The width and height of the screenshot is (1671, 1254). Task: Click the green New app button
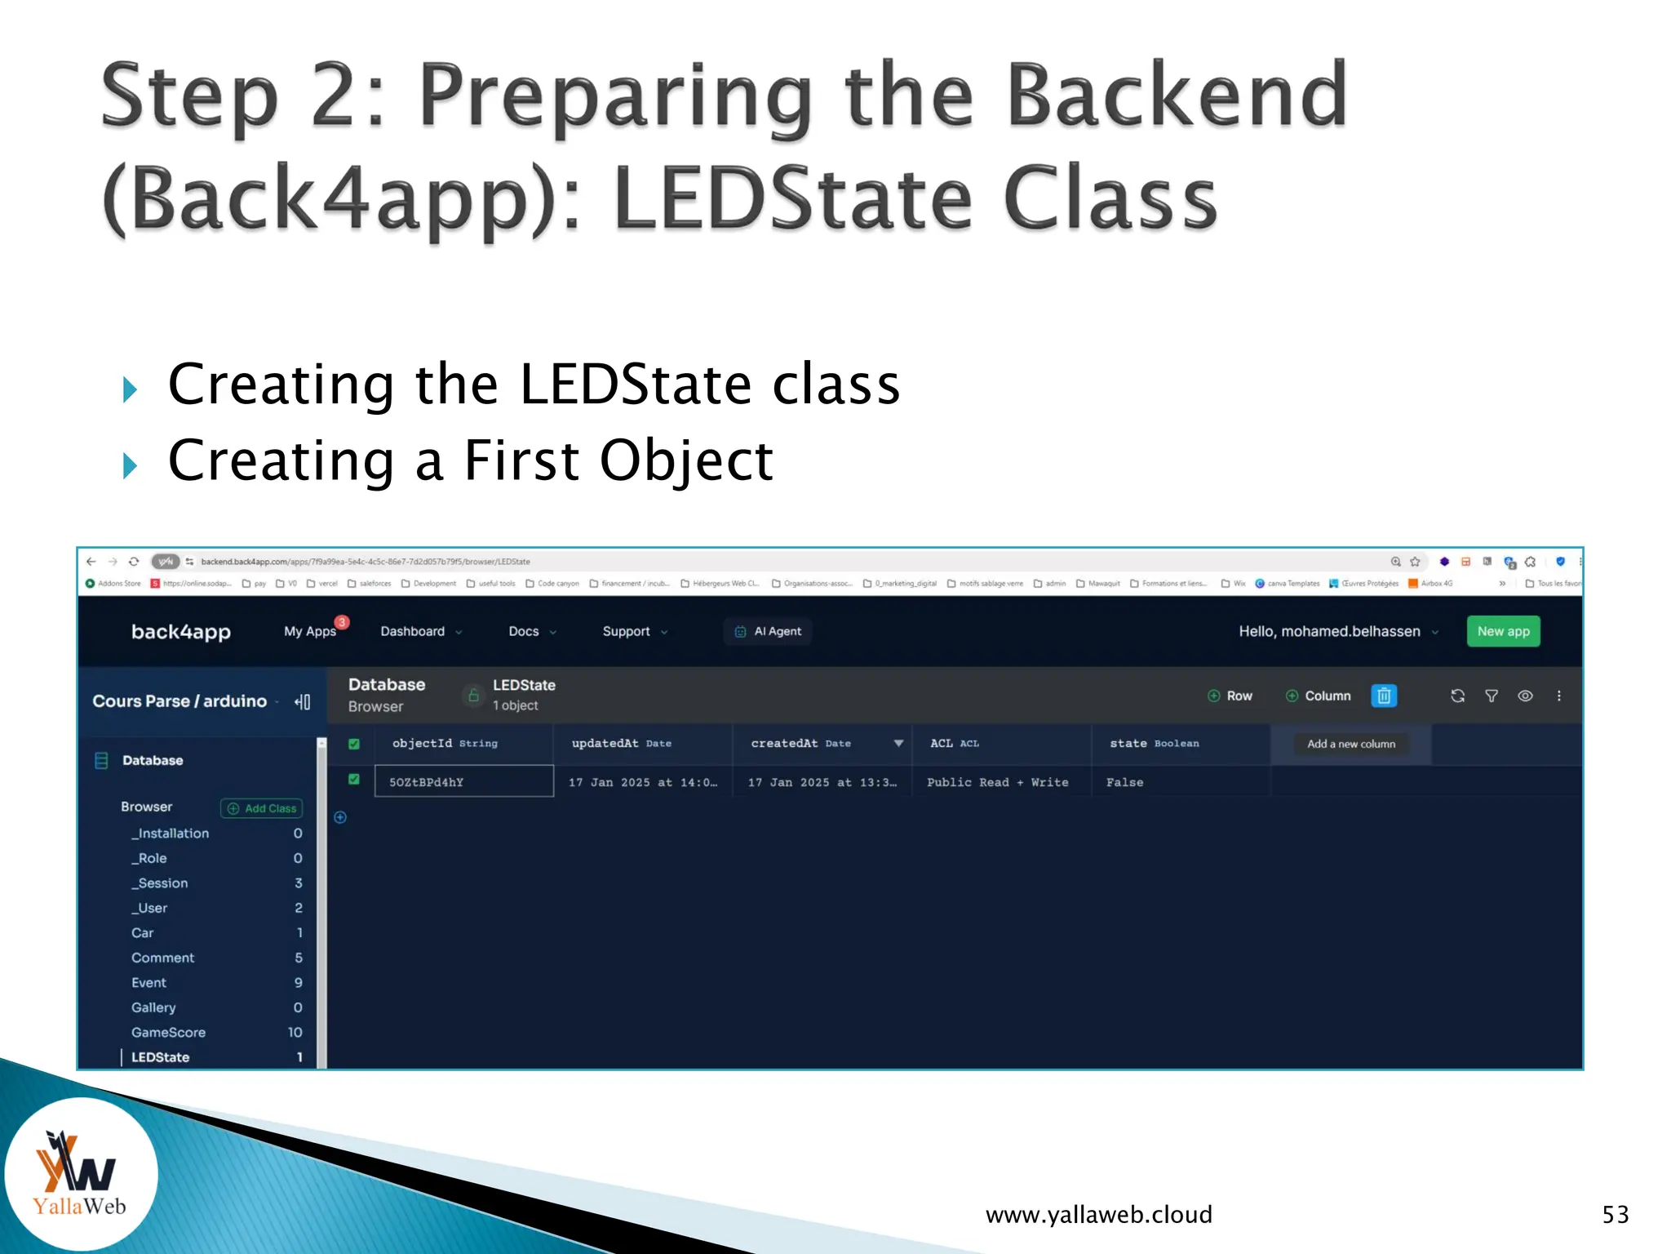pyautogui.click(x=1503, y=631)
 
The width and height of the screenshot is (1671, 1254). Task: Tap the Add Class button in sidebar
pyautogui.click(x=262, y=808)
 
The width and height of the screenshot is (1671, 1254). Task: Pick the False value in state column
pyautogui.click(x=1124, y=782)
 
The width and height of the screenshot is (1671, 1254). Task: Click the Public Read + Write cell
pyautogui.click(x=997, y=782)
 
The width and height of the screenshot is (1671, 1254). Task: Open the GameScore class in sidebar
pyautogui.click(x=168, y=1032)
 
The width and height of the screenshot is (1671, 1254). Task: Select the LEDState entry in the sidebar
pyautogui.click(x=161, y=1056)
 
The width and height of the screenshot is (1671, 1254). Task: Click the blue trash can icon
pyautogui.click(x=1384, y=696)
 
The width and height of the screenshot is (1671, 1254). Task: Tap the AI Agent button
pyautogui.click(x=768, y=631)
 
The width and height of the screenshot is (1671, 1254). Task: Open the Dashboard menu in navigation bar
pyautogui.click(x=420, y=631)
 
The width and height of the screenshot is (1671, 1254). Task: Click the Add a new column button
pyautogui.click(x=1350, y=744)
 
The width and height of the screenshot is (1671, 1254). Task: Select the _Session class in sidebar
pyautogui.click(x=160, y=883)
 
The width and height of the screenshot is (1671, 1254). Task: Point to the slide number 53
pyautogui.click(x=1615, y=1214)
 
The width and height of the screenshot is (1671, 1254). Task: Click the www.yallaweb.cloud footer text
pyautogui.click(x=1098, y=1214)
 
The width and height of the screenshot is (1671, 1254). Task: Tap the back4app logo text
pyautogui.click(x=181, y=631)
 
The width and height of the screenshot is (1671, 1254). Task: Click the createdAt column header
pyautogui.click(x=800, y=743)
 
